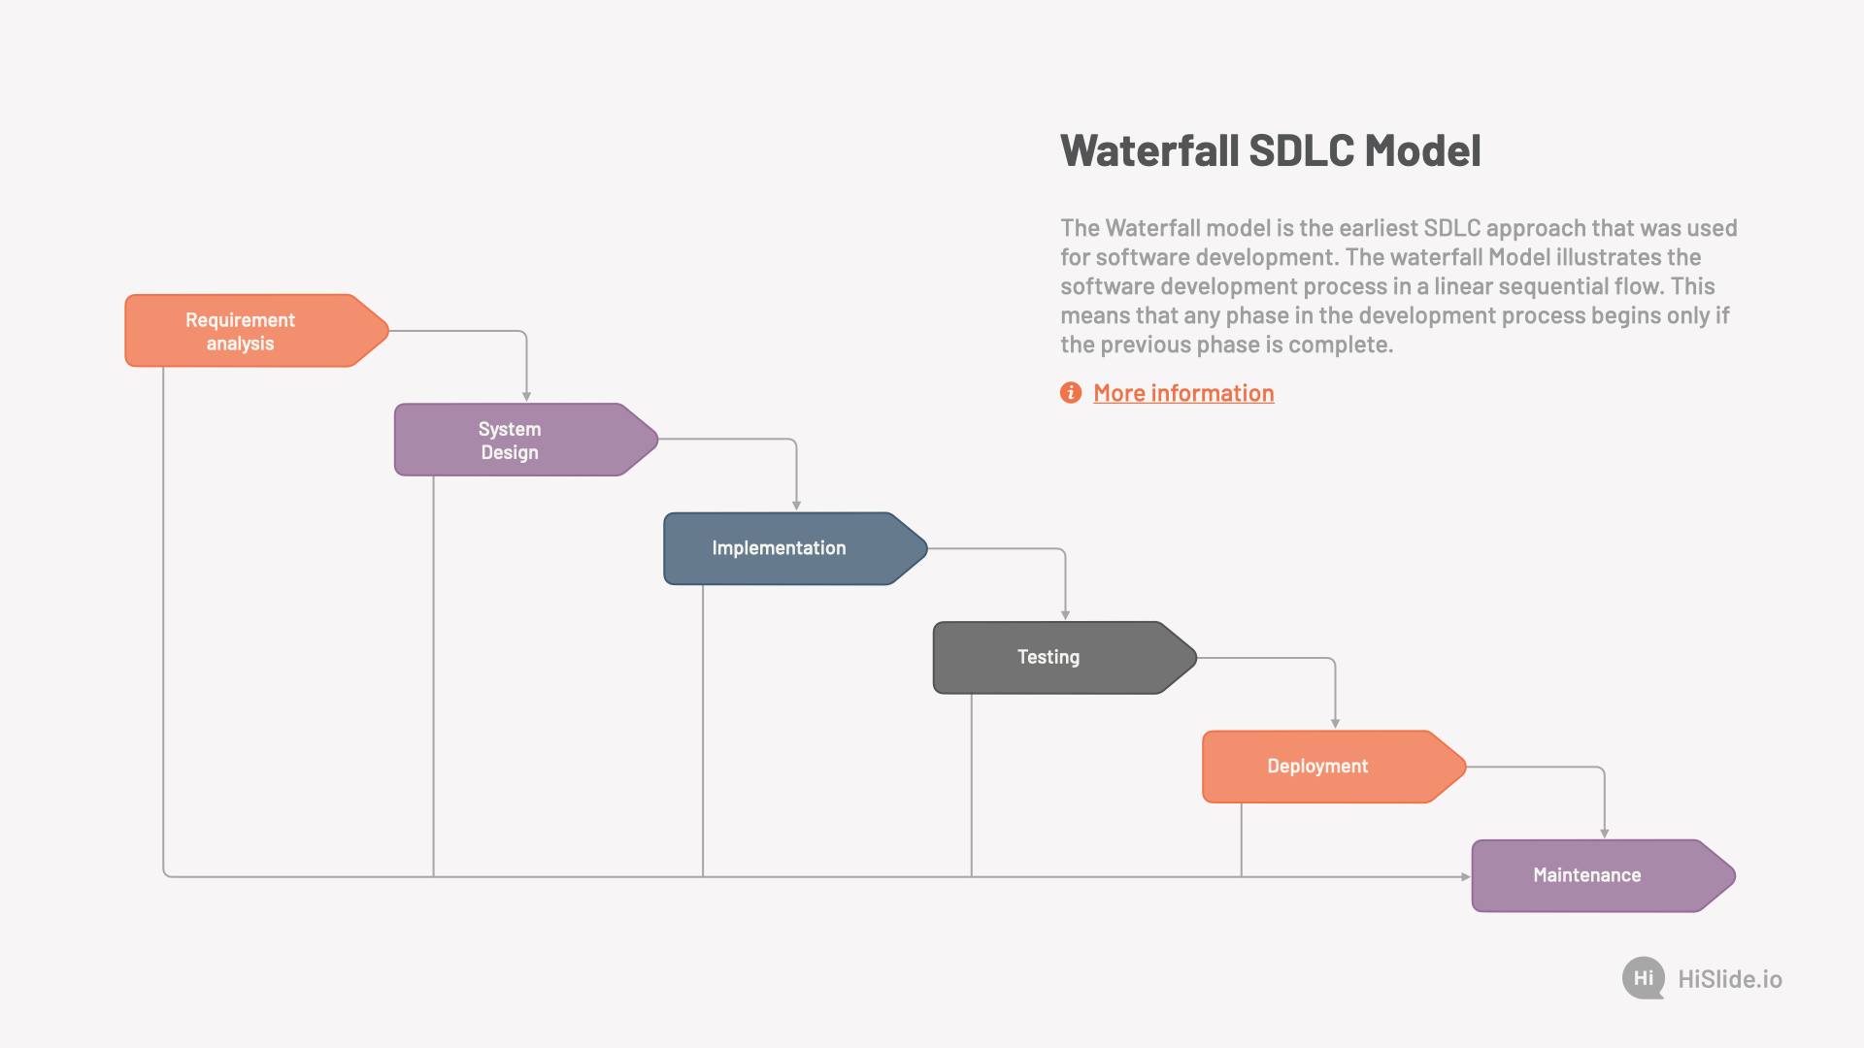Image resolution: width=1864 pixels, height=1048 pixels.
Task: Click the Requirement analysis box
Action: (252, 331)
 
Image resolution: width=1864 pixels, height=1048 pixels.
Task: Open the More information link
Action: (1183, 393)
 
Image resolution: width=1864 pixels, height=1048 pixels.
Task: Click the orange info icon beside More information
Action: (1071, 392)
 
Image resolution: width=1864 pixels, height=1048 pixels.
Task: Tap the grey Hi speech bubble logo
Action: (1643, 978)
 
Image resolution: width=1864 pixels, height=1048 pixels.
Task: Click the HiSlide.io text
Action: (1730, 979)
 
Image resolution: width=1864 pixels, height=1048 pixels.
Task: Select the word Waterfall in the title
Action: (1149, 151)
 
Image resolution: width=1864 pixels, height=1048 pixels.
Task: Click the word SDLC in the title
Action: (1301, 151)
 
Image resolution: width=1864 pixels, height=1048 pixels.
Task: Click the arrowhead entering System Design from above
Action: (526, 396)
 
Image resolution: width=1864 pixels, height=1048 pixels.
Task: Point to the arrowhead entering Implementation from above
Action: (796, 506)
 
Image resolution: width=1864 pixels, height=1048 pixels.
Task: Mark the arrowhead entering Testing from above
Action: (1065, 615)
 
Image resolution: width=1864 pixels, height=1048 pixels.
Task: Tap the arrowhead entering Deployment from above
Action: (1335, 724)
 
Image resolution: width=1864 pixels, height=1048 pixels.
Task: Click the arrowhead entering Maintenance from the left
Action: (1465, 876)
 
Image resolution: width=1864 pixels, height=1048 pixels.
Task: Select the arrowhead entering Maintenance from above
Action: (1604, 834)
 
